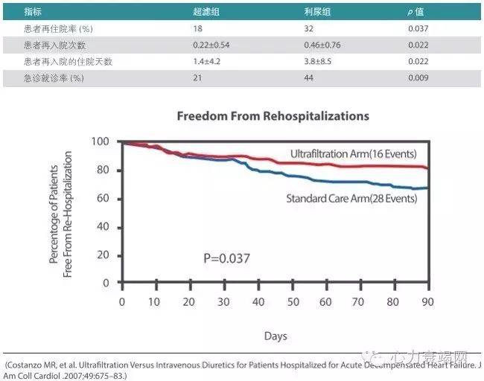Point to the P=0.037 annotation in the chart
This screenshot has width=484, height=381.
[226, 258]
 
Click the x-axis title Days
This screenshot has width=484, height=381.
[275, 336]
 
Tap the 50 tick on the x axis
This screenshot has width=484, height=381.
[293, 301]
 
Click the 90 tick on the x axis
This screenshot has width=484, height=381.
[428, 301]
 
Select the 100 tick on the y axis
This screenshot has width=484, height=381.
[101, 141]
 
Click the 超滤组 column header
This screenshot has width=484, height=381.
[205, 13]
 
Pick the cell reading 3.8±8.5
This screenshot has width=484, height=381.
[315, 62]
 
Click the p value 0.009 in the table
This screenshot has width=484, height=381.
[419, 78]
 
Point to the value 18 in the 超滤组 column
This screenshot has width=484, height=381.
[198, 29]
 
